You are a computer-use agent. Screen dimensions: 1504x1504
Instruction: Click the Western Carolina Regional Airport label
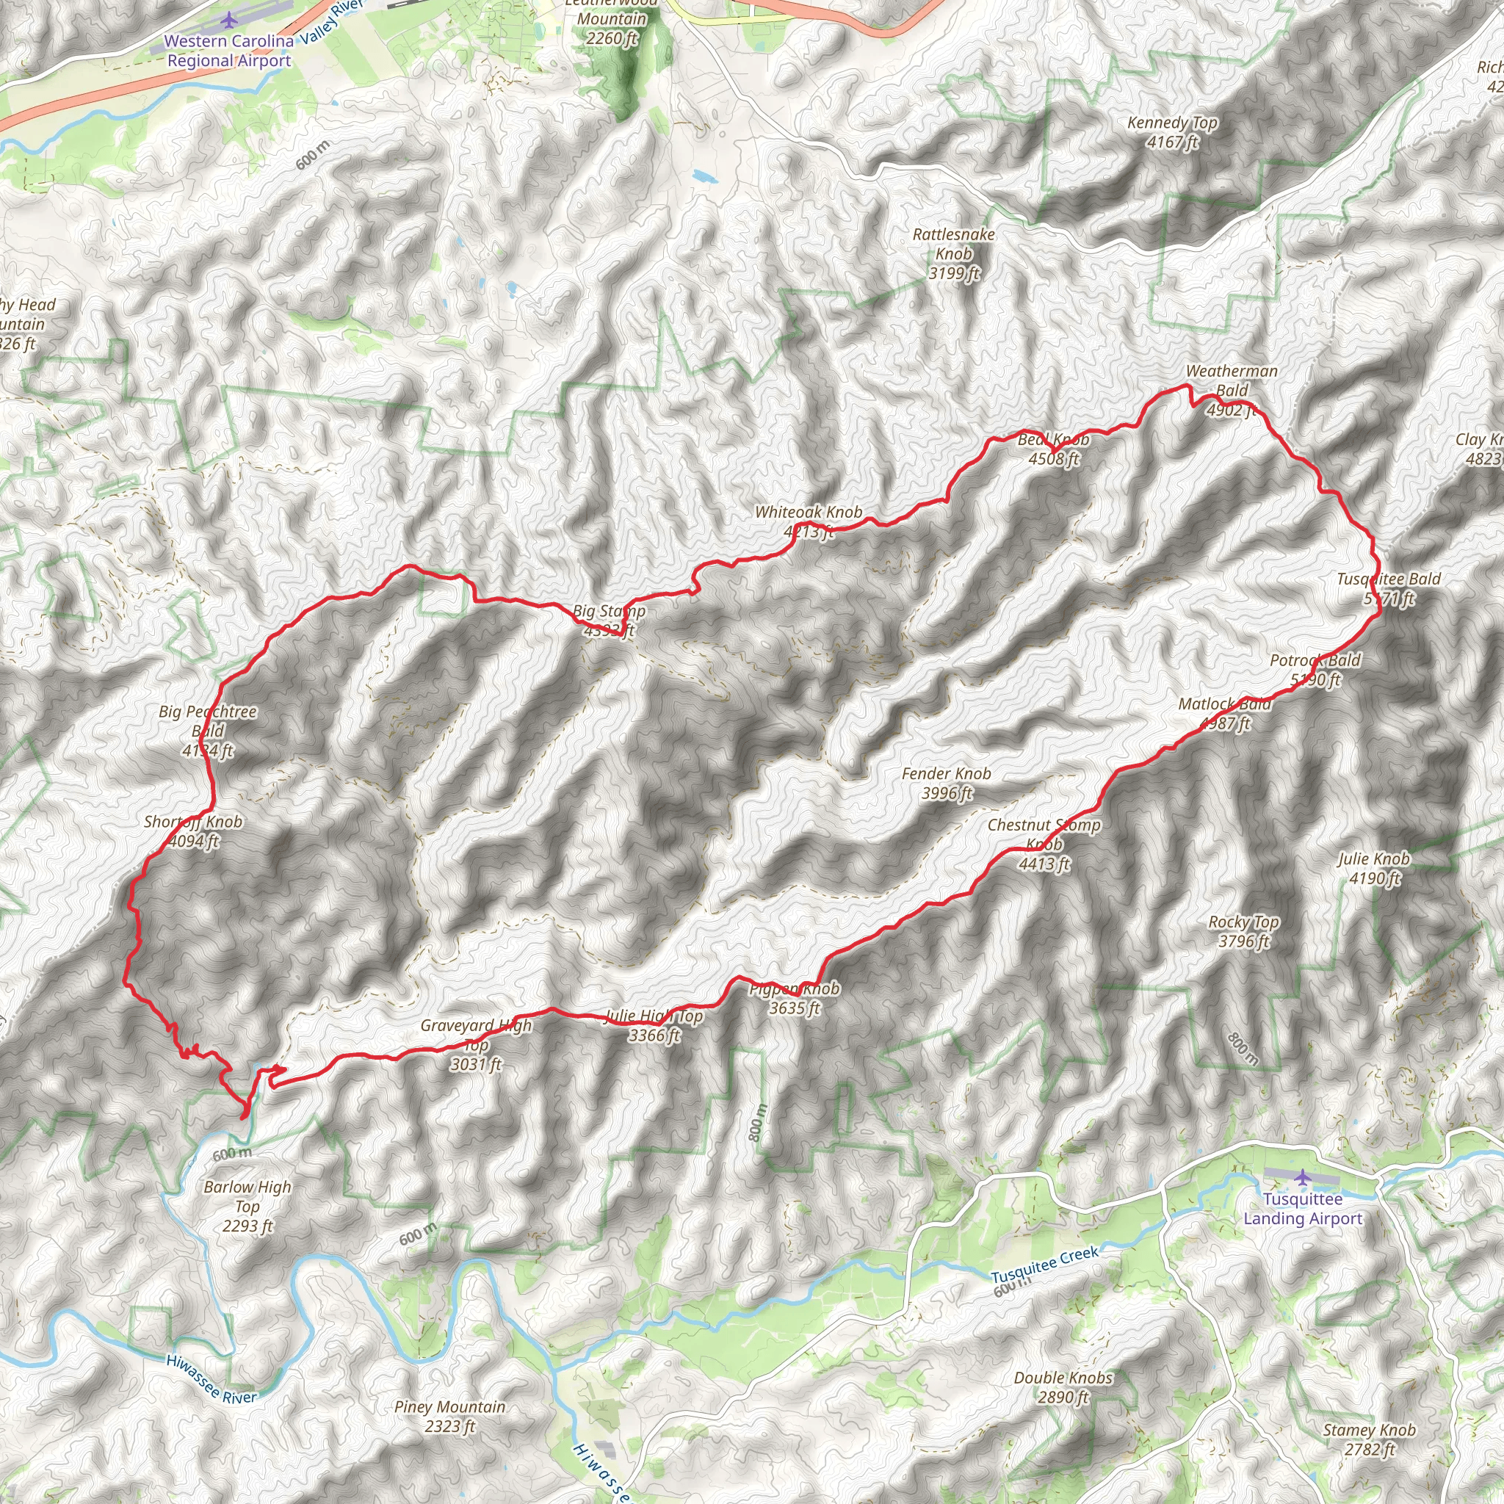[229, 51]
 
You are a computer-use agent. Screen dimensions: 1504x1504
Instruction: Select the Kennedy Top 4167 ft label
[1172, 132]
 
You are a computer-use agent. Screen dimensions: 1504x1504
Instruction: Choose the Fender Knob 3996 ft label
[947, 783]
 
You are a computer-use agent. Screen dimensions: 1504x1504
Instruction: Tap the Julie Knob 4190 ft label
[1374, 868]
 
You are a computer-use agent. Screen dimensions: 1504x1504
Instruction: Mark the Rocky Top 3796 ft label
[1243, 931]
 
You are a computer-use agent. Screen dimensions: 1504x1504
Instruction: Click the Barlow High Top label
[247, 1206]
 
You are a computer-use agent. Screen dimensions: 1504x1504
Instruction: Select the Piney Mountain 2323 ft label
[450, 1416]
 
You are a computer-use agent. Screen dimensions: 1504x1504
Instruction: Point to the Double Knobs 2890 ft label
[1063, 1386]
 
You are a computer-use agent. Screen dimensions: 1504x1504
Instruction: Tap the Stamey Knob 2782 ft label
[1370, 1439]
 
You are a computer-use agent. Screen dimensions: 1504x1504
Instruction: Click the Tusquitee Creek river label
[1045, 1265]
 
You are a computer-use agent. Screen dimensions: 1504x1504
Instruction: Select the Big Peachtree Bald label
[208, 731]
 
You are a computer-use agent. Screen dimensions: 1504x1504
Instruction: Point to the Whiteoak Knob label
[809, 521]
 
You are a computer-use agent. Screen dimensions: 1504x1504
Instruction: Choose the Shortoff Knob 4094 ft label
[193, 831]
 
